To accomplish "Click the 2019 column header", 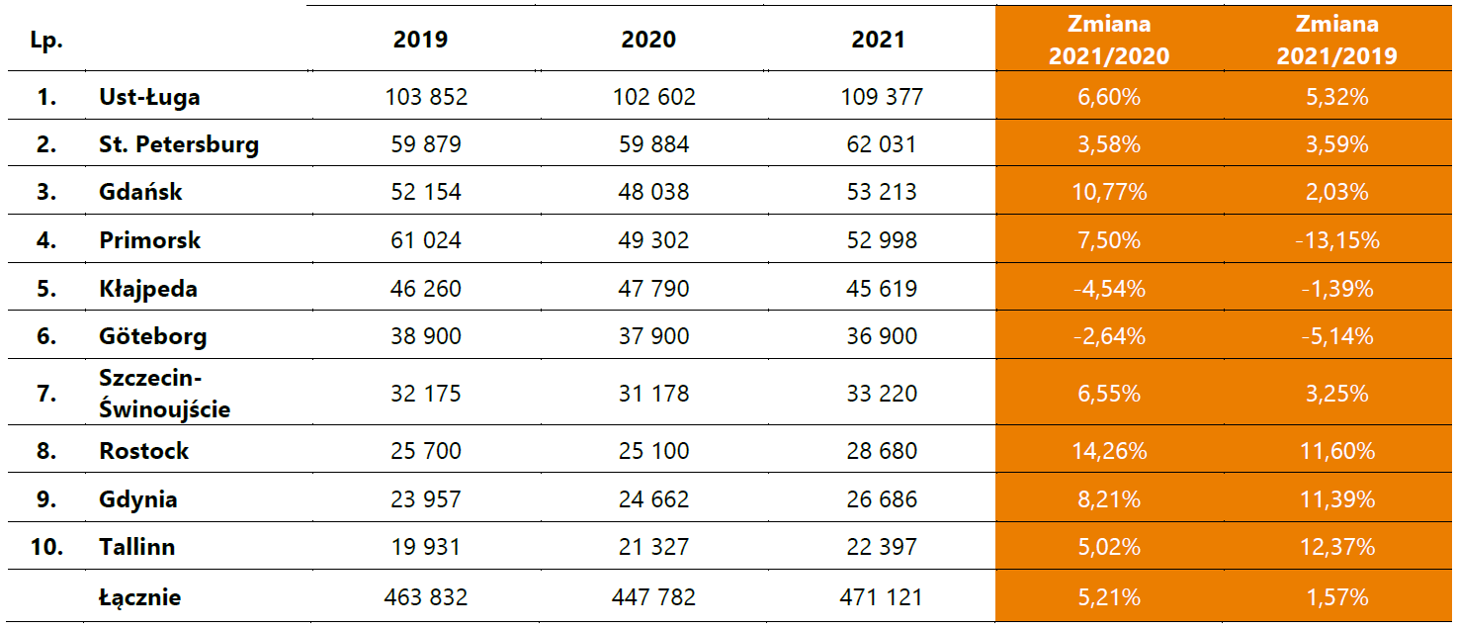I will point(420,40).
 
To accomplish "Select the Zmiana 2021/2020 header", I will point(1108,40).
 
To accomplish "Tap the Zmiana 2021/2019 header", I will point(1336,40).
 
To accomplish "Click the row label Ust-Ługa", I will point(149,97).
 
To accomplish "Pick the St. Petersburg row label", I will point(179,144).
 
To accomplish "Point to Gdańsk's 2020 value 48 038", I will point(649,192).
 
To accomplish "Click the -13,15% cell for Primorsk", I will point(1336,240).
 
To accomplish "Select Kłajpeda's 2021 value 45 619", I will point(879,289).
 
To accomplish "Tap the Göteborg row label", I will point(153,336).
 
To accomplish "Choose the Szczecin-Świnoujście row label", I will point(164,393).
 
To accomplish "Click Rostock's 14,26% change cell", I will point(1109,451).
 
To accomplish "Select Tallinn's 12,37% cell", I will point(1336,547).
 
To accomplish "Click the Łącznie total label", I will point(140,597).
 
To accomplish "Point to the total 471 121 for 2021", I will point(879,597).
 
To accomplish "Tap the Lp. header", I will point(45,40).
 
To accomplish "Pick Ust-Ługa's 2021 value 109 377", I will point(879,97).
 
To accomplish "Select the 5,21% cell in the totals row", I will point(1109,597).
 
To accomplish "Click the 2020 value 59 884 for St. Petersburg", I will point(649,144).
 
